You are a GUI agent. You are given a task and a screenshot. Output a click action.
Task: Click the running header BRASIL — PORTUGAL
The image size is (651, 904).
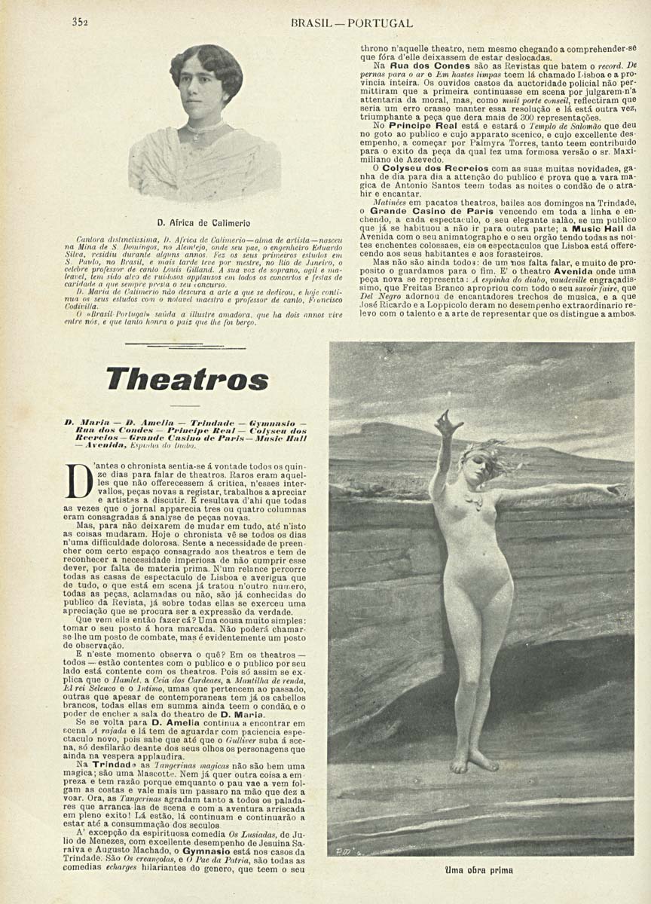coord(351,23)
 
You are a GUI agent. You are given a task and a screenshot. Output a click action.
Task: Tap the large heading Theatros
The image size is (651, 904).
coord(187,380)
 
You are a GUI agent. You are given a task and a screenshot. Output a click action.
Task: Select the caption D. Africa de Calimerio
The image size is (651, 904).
coord(204,224)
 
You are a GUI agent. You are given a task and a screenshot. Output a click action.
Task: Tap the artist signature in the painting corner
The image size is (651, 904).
coord(345,850)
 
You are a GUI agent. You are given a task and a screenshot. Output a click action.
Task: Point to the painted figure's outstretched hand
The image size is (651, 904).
coord(616,490)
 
